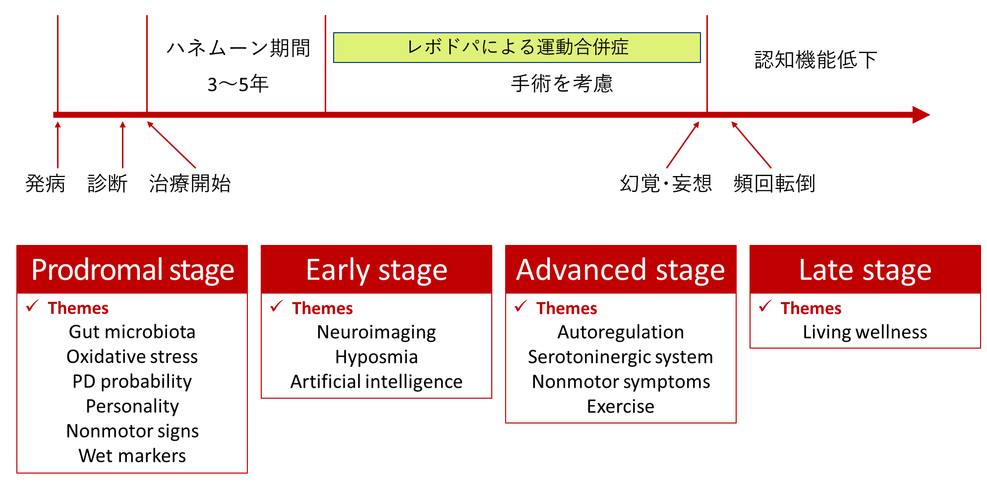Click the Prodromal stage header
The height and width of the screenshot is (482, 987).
click(132, 269)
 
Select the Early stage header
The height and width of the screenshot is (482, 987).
click(377, 269)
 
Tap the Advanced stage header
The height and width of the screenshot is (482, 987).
click(621, 269)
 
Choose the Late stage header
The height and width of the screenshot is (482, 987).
click(865, 269)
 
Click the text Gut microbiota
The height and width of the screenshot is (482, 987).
click(132, 332)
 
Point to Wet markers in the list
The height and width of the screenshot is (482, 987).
click(132, 456)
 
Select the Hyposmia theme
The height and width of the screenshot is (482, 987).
click(377, 357)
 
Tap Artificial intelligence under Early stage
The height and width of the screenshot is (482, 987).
click(377, 382)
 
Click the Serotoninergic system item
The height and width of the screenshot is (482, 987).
click(621, 357)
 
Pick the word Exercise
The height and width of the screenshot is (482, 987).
click(621, 407)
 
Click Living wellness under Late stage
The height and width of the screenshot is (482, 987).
click(865, 332)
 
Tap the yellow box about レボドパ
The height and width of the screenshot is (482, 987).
click(517, 48)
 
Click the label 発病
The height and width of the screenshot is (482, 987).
click(45, 183)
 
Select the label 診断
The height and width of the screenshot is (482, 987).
click(108, 183)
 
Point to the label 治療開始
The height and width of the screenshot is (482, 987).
click(190, 183)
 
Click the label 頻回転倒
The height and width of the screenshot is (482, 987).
click(774, 183)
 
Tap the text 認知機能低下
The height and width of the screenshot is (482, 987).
click(816, 60)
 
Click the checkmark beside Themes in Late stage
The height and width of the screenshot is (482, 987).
click(765, 306)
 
